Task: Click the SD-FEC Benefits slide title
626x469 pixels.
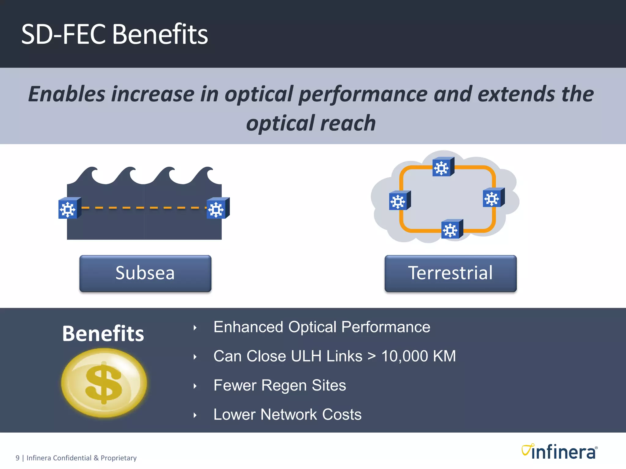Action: pos(114,34)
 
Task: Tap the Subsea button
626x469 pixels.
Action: pos(145,273)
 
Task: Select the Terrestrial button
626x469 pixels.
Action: pos(450,273)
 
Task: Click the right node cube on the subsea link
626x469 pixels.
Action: pos(217,209)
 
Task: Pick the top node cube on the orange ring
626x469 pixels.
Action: pos(443,167)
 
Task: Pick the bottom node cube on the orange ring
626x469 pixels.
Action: pos(451,229)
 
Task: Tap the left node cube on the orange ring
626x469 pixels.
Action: pos(399,201)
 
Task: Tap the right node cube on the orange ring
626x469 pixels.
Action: pos(493,198)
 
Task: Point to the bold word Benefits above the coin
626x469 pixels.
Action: pos(103,333)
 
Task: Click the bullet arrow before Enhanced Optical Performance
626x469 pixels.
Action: pos(195,328)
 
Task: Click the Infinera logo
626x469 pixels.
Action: pos(559,452)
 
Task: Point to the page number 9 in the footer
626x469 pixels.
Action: pos(17,458)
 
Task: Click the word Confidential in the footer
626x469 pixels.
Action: pos(72,458)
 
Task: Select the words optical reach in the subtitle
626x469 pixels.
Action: pos(311,123)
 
